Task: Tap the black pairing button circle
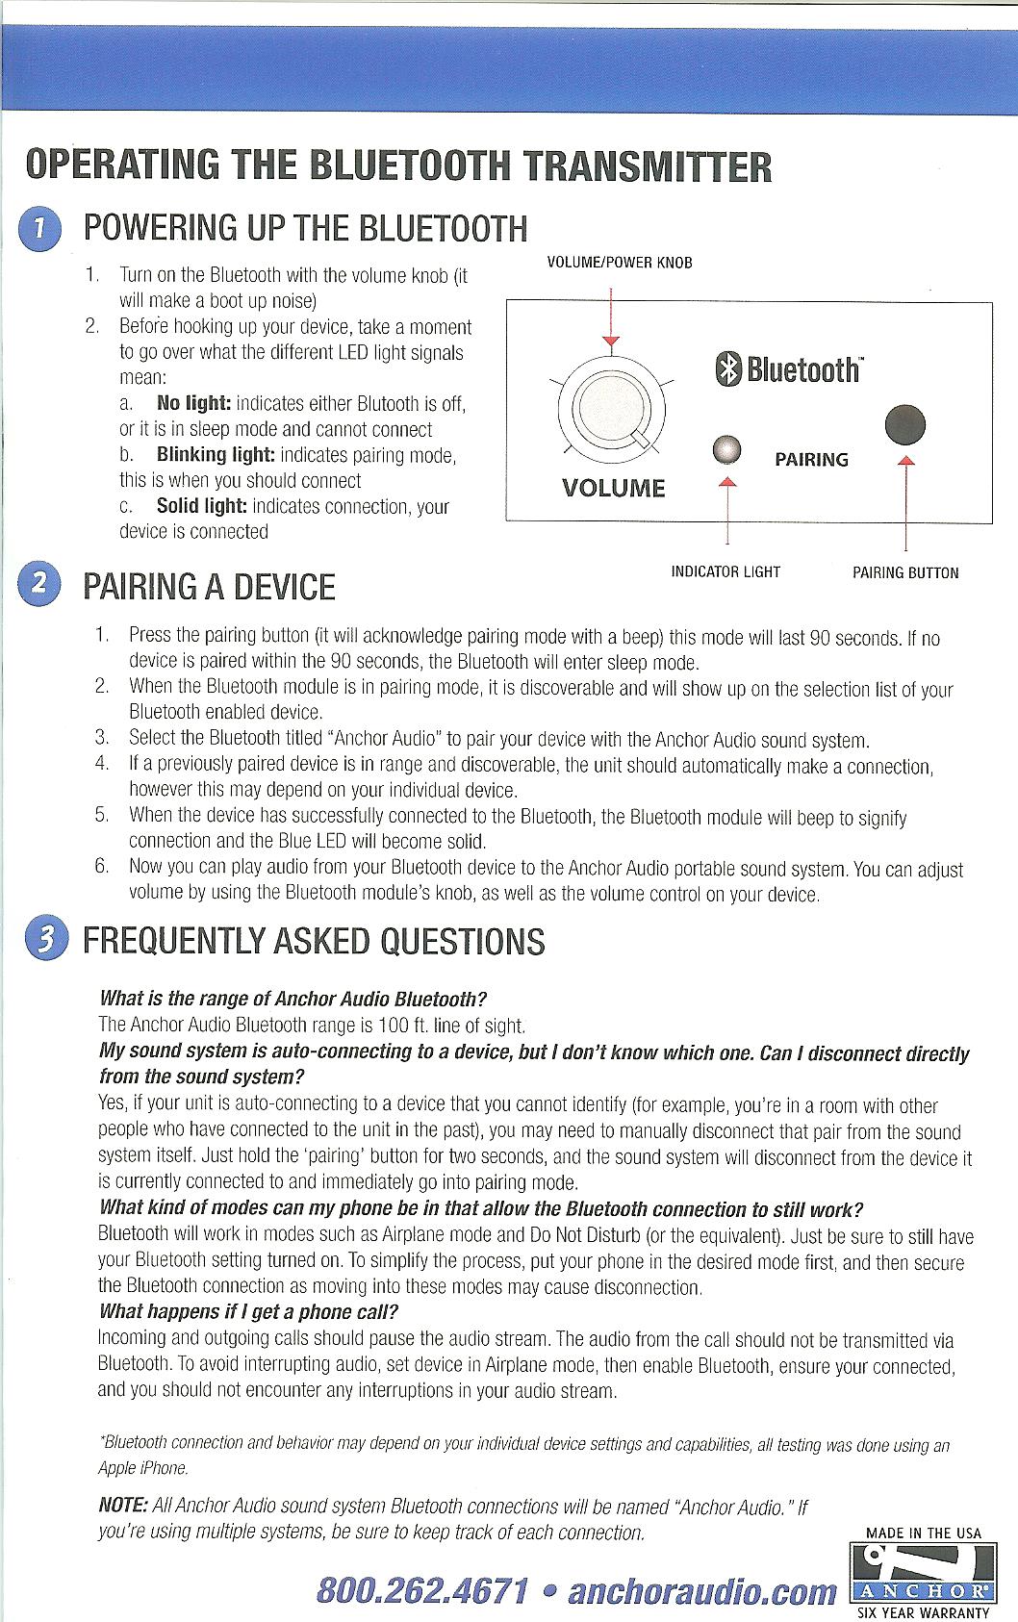905,424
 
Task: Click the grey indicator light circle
728,450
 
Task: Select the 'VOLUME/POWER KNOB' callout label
619,263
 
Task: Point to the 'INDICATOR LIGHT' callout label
725,572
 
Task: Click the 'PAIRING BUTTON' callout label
905,573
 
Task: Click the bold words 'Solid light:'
201,506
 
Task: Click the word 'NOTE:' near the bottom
123,1506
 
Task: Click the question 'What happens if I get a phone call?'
248,1312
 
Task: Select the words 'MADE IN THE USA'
924,1533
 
